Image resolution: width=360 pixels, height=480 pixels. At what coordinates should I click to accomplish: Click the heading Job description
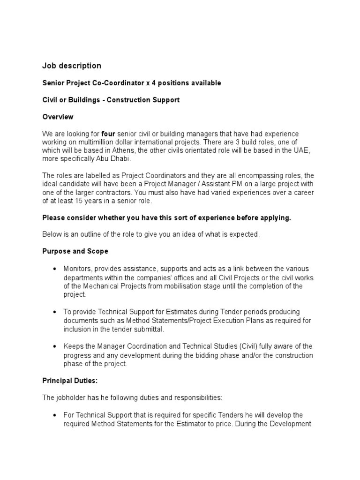tap(71, 66)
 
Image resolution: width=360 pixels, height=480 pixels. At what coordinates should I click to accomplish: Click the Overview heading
tap(58, 117)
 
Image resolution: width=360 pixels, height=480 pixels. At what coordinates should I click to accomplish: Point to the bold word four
tap(108, 134)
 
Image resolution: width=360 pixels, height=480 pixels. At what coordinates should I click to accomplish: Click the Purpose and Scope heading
tap(75, 251)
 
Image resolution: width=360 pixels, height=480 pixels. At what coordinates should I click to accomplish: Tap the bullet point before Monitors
tap(55, 269)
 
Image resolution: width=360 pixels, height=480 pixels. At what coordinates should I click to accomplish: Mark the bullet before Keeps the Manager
tap(55, 346)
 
